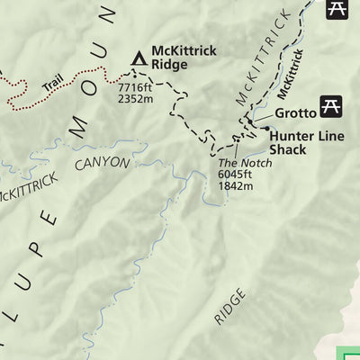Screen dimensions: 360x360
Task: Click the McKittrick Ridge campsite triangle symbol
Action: point(139,58)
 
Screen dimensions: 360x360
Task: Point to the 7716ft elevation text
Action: point(136,86)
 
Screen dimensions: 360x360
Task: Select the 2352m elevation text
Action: point(136,99)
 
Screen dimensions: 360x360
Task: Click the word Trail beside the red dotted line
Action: point(53,86)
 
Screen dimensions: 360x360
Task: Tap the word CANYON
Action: point(102,164)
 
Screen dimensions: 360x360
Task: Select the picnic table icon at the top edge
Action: point(337,8)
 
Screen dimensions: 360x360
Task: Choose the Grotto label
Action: point(295,112)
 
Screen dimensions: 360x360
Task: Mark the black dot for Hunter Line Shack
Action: point(265,129)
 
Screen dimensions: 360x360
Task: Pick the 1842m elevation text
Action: point(236,186)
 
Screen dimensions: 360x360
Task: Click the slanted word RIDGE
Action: point(229,306)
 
